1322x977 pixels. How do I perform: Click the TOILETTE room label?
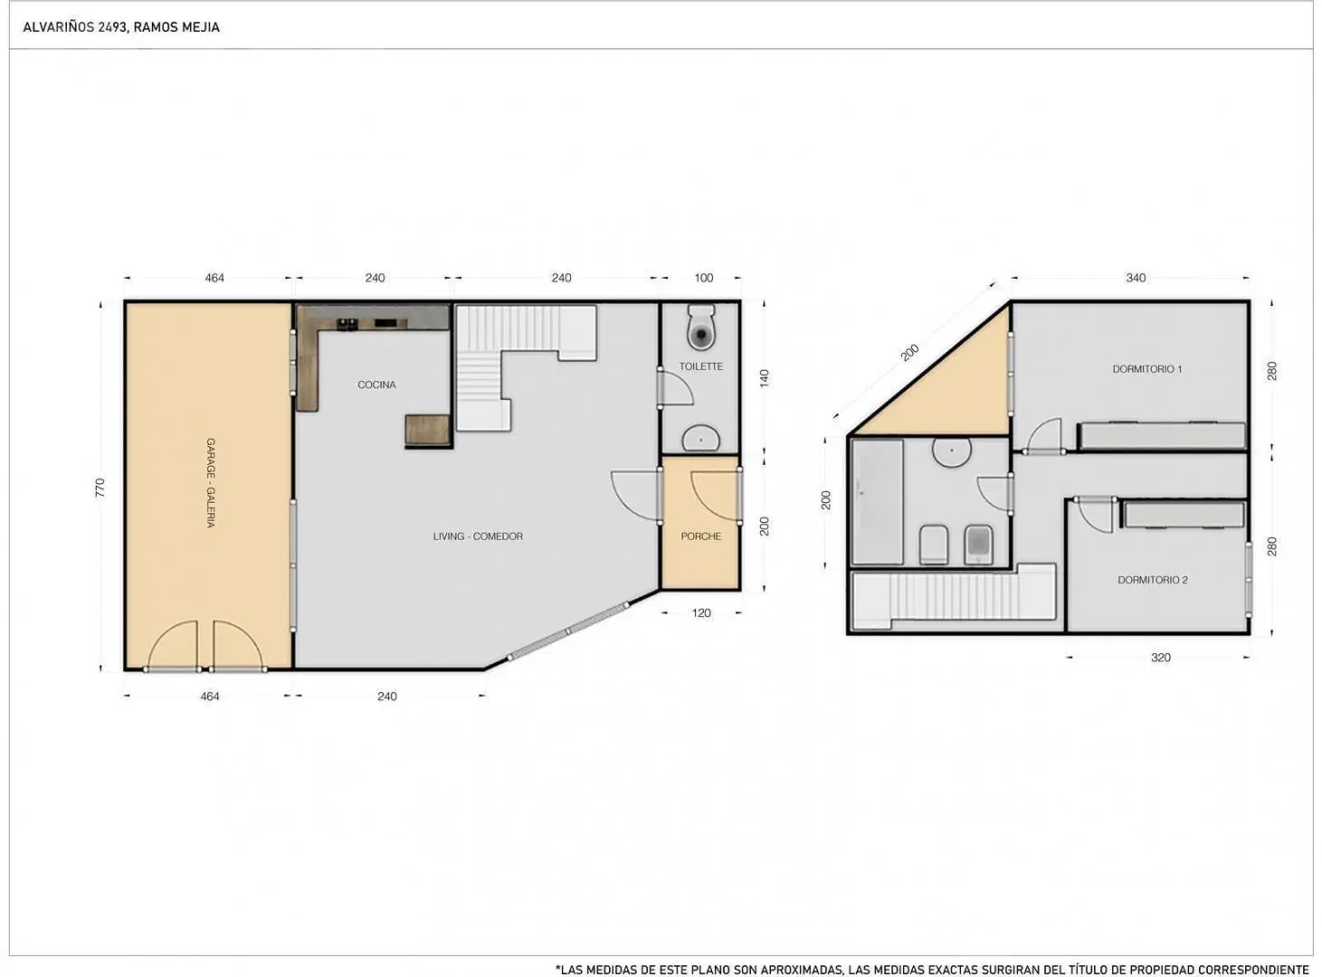pyautogui.click(x=700, y=366)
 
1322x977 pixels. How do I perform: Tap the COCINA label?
pyautogui.click(x=376, y=385)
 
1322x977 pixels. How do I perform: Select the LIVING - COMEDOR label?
pyautogui.click(x=478, y=536)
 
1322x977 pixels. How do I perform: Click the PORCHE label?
pyautogui.click(x=701, y=536)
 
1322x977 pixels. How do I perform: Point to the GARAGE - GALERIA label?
pyautogui.click(x=211, y=483)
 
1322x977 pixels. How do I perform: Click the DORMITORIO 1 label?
pyautogui.click(x=1146, y=369)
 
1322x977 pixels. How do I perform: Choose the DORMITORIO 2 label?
pyautogui.click(x=1152, y=580)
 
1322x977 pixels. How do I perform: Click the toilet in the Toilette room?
pyautogui.click(x=701, y=327)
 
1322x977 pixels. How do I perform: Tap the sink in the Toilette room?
pyautogui.click(x=701, y=438)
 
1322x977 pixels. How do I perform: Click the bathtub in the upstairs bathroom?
pyautogui.click(x=877, y=501)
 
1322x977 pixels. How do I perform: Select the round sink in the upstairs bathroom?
pyautogui.click(x=952, y=451)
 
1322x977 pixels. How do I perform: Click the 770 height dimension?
pyautogui.click(x=100, y=488)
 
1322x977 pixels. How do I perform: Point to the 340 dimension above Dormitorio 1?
pyautogui.click(x=1136, y=278)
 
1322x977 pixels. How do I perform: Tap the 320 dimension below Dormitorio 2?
pyautogui.click(x=1160, y=658)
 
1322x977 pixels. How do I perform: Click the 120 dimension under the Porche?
pyautogui.click(x=701, y=612)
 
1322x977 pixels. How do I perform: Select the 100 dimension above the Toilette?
pyautogui.click(x=703, y=278)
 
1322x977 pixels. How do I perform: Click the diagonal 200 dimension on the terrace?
pyautogui.click(x=909, y=353)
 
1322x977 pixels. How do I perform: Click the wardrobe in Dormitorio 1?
pyautogui.click(x=1163, y=435)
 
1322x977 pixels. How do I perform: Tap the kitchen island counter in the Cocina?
pyautogui.click(x=427, y=430)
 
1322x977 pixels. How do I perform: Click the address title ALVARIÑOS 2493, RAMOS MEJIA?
pyautogui.click(x=121, y=27)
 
